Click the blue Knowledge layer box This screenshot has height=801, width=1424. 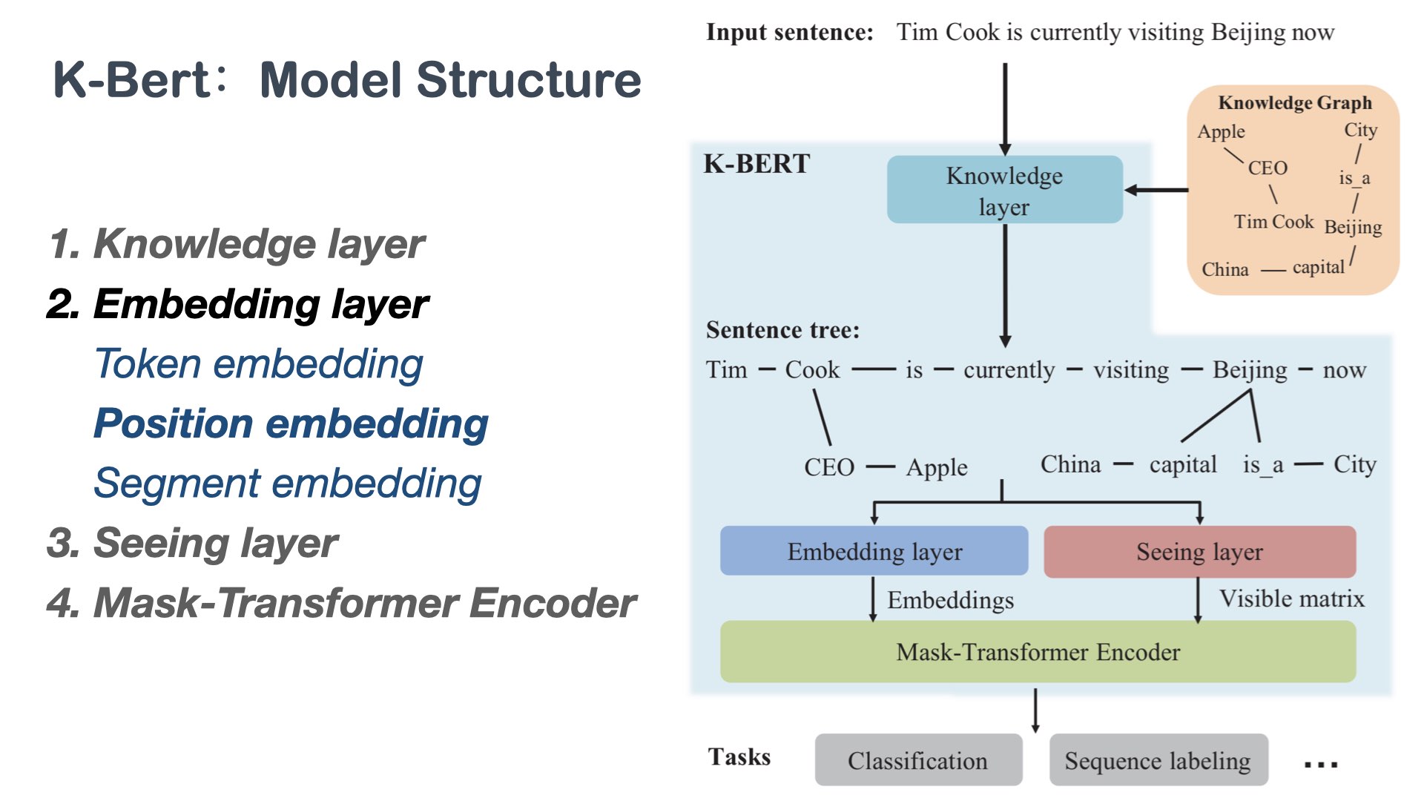[x=1004, y=190]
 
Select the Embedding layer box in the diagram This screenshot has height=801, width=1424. [x=874, y=551]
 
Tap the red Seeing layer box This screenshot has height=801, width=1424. [x=1199, y=551]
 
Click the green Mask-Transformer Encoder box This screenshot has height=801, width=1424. [x=1038, y=651]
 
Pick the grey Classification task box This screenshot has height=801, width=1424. [x=917, y=760]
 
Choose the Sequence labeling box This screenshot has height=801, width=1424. [x=1158, y=760]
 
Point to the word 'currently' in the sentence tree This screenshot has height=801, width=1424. [x=1009, y=369]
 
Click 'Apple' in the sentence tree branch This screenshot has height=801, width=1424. [x=937, y=467]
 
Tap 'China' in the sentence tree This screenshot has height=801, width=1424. [x=1070, y=464]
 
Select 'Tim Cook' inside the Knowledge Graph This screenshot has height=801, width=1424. [x=1273, y=222]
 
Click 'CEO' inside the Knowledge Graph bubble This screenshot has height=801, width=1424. [x=1267, y=168]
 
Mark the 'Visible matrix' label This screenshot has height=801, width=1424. [x=1291, y=599]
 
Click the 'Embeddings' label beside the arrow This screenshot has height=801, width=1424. [x=950, y=600]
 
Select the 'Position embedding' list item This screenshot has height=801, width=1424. [x=291, y=423]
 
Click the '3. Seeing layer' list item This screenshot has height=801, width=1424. [x=192, y=543]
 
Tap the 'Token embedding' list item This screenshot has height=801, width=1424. [x=259, y=364]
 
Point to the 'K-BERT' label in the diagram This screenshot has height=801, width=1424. [x=756, y=164]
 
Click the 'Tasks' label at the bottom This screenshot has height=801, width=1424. [x=739, y=756]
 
